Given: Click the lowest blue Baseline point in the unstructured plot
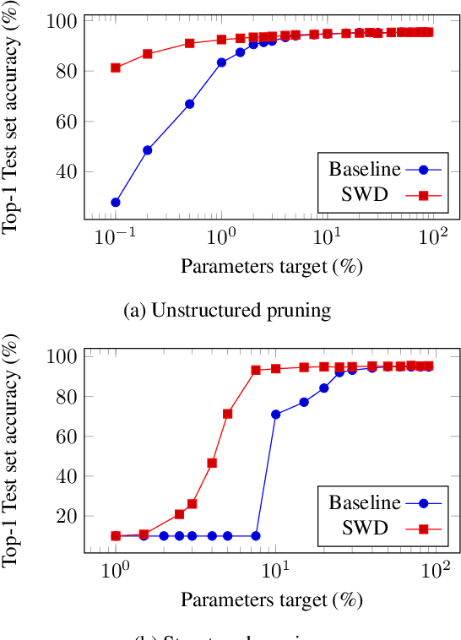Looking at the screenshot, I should point(116,203).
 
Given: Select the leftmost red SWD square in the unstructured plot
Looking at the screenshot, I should point(116,68).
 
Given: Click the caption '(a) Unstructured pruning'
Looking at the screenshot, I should point(227,310).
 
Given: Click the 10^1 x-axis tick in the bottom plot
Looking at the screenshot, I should point(275,569).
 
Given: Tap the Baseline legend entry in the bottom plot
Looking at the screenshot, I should point(365,503).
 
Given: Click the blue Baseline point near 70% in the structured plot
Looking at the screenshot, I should point(276,415).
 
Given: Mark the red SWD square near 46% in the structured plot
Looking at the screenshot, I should point(212,463).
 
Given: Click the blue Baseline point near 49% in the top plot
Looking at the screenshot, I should point(148,150).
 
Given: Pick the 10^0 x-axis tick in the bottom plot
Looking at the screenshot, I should point(115,569).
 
